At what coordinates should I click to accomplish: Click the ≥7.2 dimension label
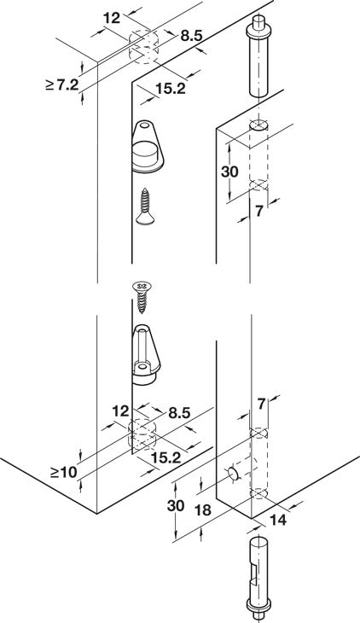tap(62, 84)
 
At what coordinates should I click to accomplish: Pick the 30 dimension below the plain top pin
tap(230, 171)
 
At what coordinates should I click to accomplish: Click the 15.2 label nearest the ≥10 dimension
tap(166, 458)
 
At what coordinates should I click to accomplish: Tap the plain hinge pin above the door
tap(257, 61)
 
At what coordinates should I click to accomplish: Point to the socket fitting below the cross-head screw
tap(146, 350)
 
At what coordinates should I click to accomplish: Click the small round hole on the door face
tap(232, 473)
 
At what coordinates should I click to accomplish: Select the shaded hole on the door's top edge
tap(258, 125)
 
